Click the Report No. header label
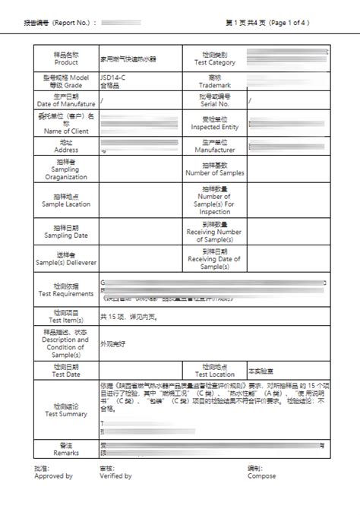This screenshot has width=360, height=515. pyautogui.click(x=60, y=24)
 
